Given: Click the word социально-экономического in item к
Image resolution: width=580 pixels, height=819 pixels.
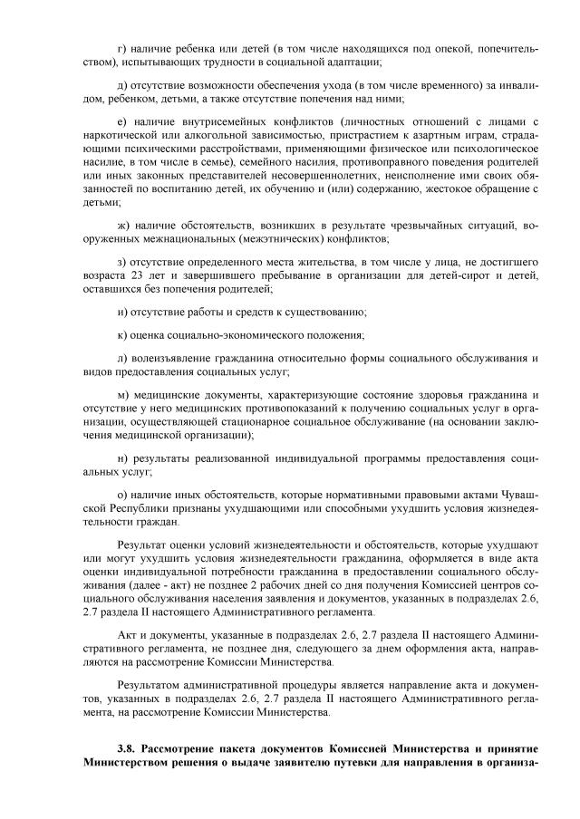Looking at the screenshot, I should pyautogui.click(x=237, y=335).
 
